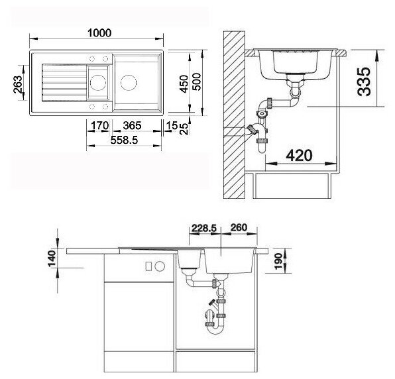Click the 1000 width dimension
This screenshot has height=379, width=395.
click(99, 33)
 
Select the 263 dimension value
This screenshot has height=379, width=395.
click(18, 85)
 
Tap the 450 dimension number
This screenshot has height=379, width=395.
click(184, 84)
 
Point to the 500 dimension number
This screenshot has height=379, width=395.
click(196, 82)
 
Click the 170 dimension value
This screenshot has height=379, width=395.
click(100, 125)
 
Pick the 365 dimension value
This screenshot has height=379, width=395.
click(133, 125)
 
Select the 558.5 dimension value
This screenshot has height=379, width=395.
click(124, 140)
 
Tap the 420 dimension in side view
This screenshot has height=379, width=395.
click(300, 156)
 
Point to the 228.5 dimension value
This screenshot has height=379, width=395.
click(204, 228)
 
